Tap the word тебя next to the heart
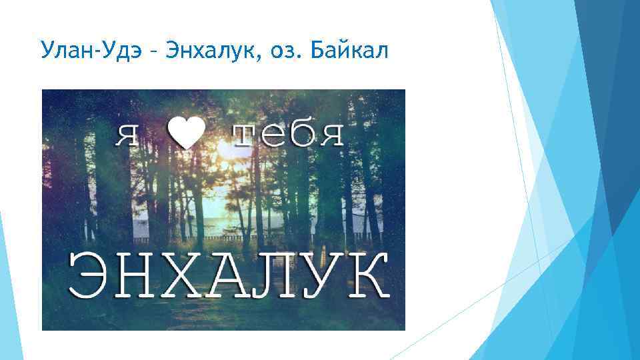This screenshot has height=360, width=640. click(x=289, y=135)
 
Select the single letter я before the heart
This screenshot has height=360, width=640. click(x=129, y=135)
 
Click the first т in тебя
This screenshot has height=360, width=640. click(x=243, y=135)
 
